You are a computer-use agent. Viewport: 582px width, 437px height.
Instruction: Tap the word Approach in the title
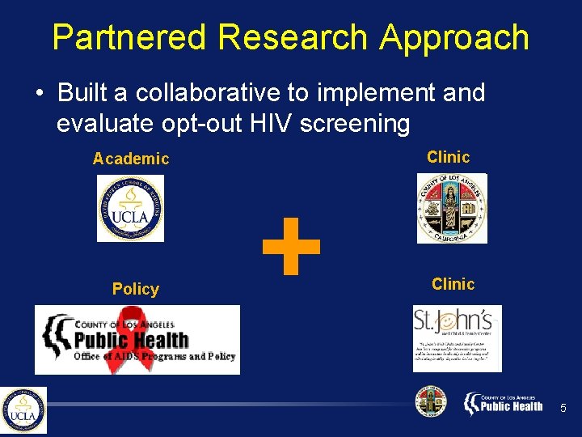coord(455,38)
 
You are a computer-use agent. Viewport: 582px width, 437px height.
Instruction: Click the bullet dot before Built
coord(40,94)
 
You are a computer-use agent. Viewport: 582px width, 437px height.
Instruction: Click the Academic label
coord(131,159)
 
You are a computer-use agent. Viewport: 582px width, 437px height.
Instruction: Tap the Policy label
coord(136,289)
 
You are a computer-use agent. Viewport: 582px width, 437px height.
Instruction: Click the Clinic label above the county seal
coord(448,157)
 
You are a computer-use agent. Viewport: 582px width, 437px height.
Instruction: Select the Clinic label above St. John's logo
coord(453,284)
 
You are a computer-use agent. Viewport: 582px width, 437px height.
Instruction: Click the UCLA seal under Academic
coord(130,209)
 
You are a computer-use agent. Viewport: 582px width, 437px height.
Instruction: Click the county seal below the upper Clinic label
coord(452,208)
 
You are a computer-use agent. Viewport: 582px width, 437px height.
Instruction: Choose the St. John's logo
coord(457,337)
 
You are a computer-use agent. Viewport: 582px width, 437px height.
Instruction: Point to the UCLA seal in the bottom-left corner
coord(23,410)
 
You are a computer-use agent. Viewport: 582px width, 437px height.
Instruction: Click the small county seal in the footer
coord(430,402)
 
